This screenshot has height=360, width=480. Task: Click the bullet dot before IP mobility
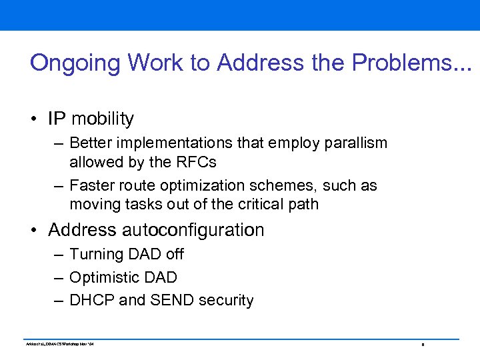click(33, 119)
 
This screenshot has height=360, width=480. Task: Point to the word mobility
click(103, 119)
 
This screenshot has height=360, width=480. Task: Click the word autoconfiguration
click(193, 230)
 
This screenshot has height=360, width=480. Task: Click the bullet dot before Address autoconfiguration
click(33, 231)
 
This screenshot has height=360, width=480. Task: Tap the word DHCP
click(91, 301)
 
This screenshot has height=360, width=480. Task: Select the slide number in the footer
click(423, 345)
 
